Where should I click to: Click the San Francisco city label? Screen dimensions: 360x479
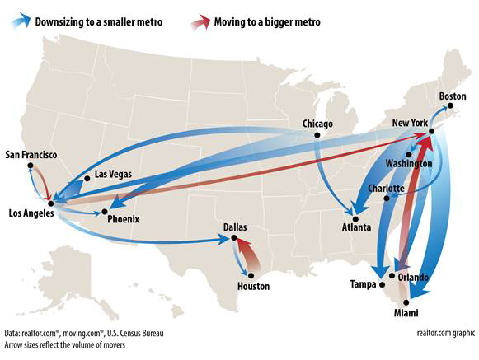(31, 154)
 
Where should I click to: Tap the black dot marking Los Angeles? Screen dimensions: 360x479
(51, 202)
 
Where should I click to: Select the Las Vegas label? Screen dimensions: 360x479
(113, 174)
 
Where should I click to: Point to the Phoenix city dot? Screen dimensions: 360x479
(103, 213)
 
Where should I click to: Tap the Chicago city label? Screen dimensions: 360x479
(317, 124)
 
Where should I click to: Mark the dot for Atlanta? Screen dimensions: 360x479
(356, 219)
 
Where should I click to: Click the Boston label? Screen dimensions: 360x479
(452, 96)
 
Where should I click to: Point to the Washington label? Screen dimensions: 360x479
(408, 164)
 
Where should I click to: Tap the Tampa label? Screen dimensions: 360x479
(364, 284)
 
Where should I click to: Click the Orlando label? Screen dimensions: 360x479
(413, 277)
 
